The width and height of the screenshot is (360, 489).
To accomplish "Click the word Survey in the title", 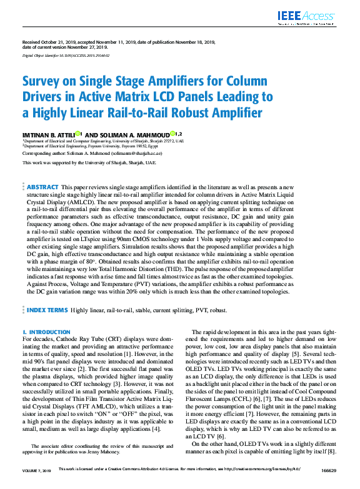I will pyautogui.click(x=44, y=82).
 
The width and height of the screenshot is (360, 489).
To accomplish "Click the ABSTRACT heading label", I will pyautogui.click(x=42, y=187).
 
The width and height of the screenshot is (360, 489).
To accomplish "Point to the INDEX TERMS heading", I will pyautogui.click(x=47, y=309).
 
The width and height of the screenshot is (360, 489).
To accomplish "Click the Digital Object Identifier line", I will pyautogui.click(x=66, y=56).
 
